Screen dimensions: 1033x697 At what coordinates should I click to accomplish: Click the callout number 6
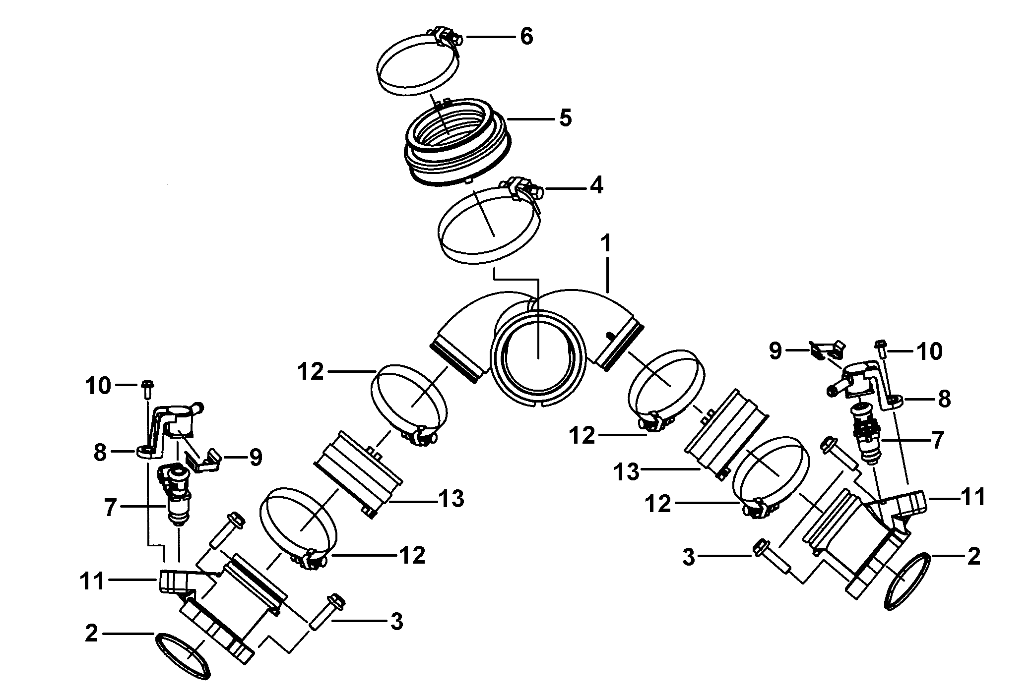[x=526, y=36]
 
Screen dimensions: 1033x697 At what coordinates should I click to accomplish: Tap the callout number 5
[x=565, y=118]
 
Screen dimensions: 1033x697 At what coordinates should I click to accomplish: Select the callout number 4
[x=596, y=186]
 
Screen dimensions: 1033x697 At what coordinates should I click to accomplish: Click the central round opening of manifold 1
[x=538, y=352]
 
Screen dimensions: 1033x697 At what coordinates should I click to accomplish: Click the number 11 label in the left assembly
[x=93, y=581]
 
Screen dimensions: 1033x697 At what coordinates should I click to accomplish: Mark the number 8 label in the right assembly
[x=944, y=399]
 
